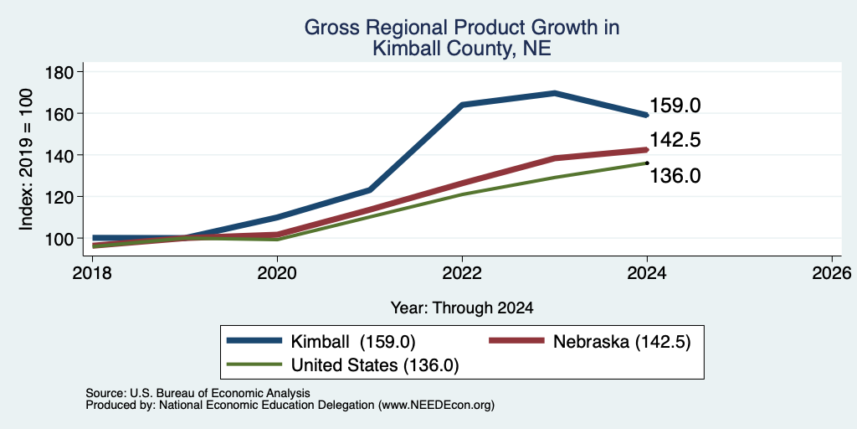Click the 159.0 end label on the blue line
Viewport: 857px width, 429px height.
(x=675, y=106)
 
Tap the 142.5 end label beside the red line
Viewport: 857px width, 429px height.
(x=675, y=140)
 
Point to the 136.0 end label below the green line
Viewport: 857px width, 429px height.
(x=675, y=176)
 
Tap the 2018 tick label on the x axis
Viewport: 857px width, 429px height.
(x=92, y=272)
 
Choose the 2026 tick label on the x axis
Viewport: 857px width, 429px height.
(x=832, y=272)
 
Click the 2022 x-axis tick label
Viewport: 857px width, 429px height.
(x=462, y=272)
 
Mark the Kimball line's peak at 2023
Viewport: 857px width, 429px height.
(x=555, y=93)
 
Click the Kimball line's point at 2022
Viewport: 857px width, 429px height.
(x=462, y=105)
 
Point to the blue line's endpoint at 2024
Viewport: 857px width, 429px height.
(x=647, y=115)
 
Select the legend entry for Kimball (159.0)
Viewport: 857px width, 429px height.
(x=321, y=342)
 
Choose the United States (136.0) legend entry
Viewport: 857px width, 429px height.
(x=342, y=364)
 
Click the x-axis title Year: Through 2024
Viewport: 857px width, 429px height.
(x=462, y=308)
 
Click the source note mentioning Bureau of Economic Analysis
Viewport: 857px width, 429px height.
(x=198, y=393)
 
